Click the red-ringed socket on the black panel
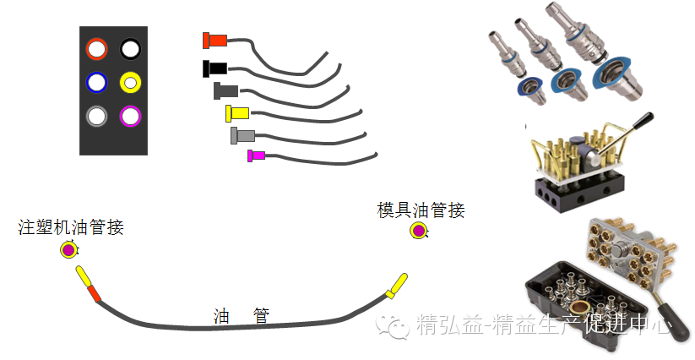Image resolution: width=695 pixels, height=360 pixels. tap(97, 49)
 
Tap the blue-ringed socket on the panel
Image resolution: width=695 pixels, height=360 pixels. tap(97, 82)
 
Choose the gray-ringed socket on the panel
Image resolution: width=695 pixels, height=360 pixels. tap(97, 115)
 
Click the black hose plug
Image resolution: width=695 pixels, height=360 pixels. tap(214, 67)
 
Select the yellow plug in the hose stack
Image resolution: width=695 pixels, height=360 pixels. tap(236, 112)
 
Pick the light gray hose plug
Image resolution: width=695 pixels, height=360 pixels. tap(242, 134)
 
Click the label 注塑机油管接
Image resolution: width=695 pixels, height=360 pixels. tap(71, 227)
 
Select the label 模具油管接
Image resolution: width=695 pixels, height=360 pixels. tap(421, 210)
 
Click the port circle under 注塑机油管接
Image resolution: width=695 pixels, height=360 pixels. tap(69, 249)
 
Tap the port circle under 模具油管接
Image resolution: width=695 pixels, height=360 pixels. tap(419, 231)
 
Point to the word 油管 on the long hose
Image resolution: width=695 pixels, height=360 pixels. tap(242, 316)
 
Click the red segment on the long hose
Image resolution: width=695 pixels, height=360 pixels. tap(93, 292)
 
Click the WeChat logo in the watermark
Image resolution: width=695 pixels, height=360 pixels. tap(394, 325)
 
